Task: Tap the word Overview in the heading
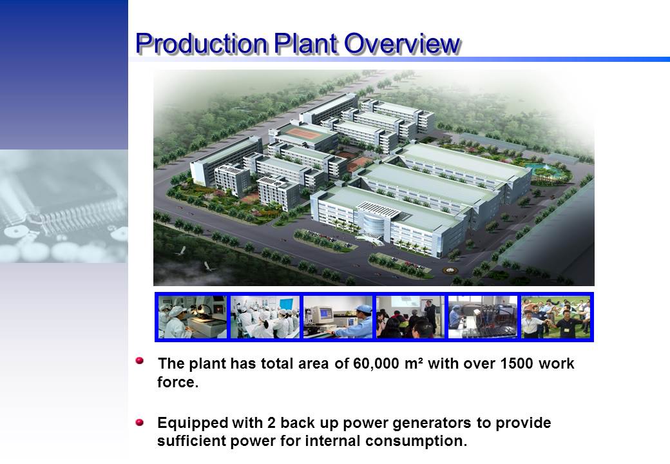click(402, 43)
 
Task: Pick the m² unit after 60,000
click(413, 363)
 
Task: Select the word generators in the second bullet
click(432, 423)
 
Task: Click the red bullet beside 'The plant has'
click(140, 361)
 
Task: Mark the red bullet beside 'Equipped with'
click(140, 423)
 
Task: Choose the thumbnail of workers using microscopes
click(192, 317)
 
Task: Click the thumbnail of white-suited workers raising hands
click(265, 317)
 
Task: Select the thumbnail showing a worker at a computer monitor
click(338, 317)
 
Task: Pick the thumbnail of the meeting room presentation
click(410, 317)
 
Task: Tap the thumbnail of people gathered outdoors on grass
click(555, 317)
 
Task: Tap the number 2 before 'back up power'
click(271, 423)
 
